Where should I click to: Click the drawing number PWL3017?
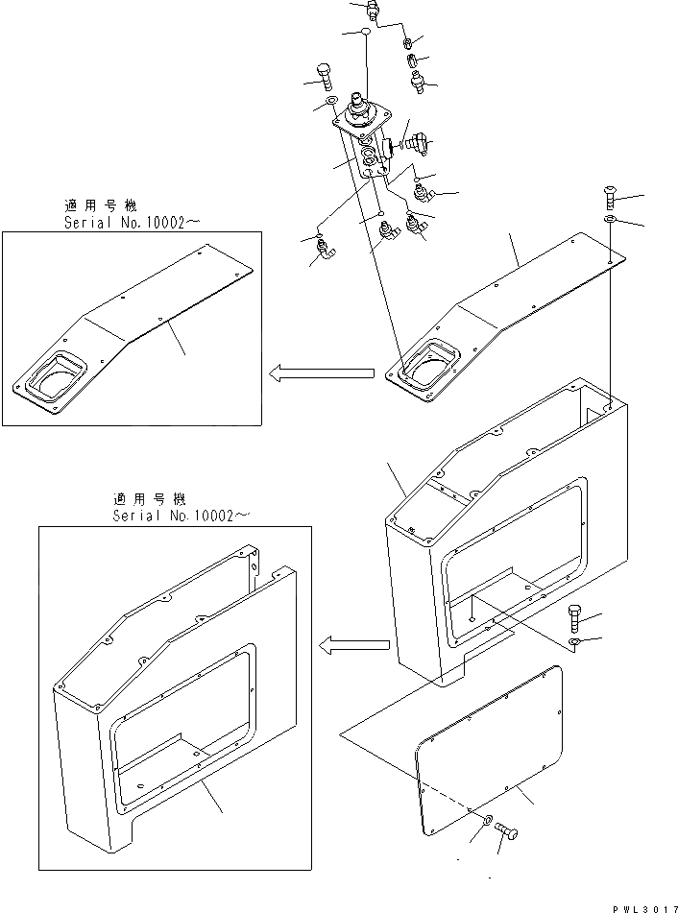pyautogui.click(x=638, y=904)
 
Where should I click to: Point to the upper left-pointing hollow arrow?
pyautogui.click(x=321, y=372)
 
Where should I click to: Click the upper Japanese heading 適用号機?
pyautogui.click(x=101, y=205)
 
